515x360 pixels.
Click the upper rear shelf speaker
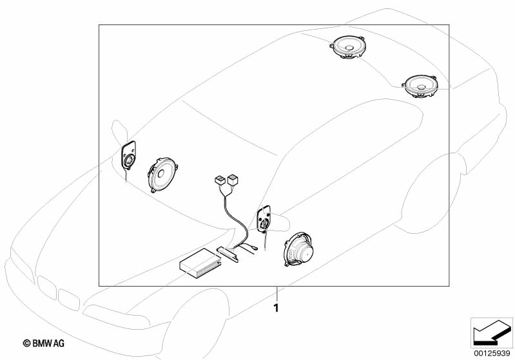pos(347,47)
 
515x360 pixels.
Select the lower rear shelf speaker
pos(420,86)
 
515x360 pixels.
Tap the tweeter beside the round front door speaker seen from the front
pos(128,156)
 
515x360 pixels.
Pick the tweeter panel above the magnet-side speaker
pos(264,218)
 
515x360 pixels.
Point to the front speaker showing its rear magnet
pos(298,250)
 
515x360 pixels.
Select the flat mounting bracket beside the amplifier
pos(228,254)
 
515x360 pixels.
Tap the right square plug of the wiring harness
pos(233,179)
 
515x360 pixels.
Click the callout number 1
pos(277,308)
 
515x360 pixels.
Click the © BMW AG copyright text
pos(44,343)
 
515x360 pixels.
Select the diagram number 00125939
pos(492,353)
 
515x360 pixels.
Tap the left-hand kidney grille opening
pos(46,287)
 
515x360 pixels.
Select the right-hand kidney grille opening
pos(69,299)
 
